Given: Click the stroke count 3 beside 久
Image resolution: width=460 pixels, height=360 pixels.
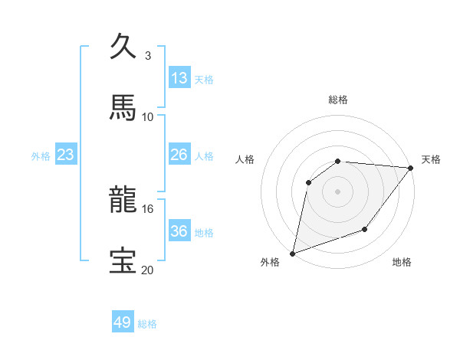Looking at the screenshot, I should (x=148, y=55).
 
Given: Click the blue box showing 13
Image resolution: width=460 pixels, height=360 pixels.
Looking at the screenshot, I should (x=179, y=77).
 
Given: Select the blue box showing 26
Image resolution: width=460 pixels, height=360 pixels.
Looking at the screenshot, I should (x=179, y=155).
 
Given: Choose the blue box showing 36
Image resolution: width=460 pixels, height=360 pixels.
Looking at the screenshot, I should (x=179, y=231).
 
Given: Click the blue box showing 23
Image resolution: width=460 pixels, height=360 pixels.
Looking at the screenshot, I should (x=66, y=155).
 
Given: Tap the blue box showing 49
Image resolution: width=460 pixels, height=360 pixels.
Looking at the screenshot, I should (x=123, y=322).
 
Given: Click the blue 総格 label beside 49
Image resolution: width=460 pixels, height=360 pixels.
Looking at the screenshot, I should (x=147, y=324).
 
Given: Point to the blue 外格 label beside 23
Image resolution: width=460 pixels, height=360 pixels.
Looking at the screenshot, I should (x=41, y=156).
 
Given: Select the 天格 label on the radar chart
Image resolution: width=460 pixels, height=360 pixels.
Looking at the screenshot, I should (x=431, y=159).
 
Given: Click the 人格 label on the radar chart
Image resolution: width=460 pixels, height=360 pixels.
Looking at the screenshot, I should (x=245, y=159).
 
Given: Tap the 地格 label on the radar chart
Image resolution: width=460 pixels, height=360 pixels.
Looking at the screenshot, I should (x=402, y=263).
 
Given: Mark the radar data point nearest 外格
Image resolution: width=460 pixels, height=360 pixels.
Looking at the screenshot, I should (x=293, y=253).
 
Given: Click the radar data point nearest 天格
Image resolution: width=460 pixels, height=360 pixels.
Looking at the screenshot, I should (x=411, y=168).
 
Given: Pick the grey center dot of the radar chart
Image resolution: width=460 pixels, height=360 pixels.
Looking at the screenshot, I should (x=337, y=191).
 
